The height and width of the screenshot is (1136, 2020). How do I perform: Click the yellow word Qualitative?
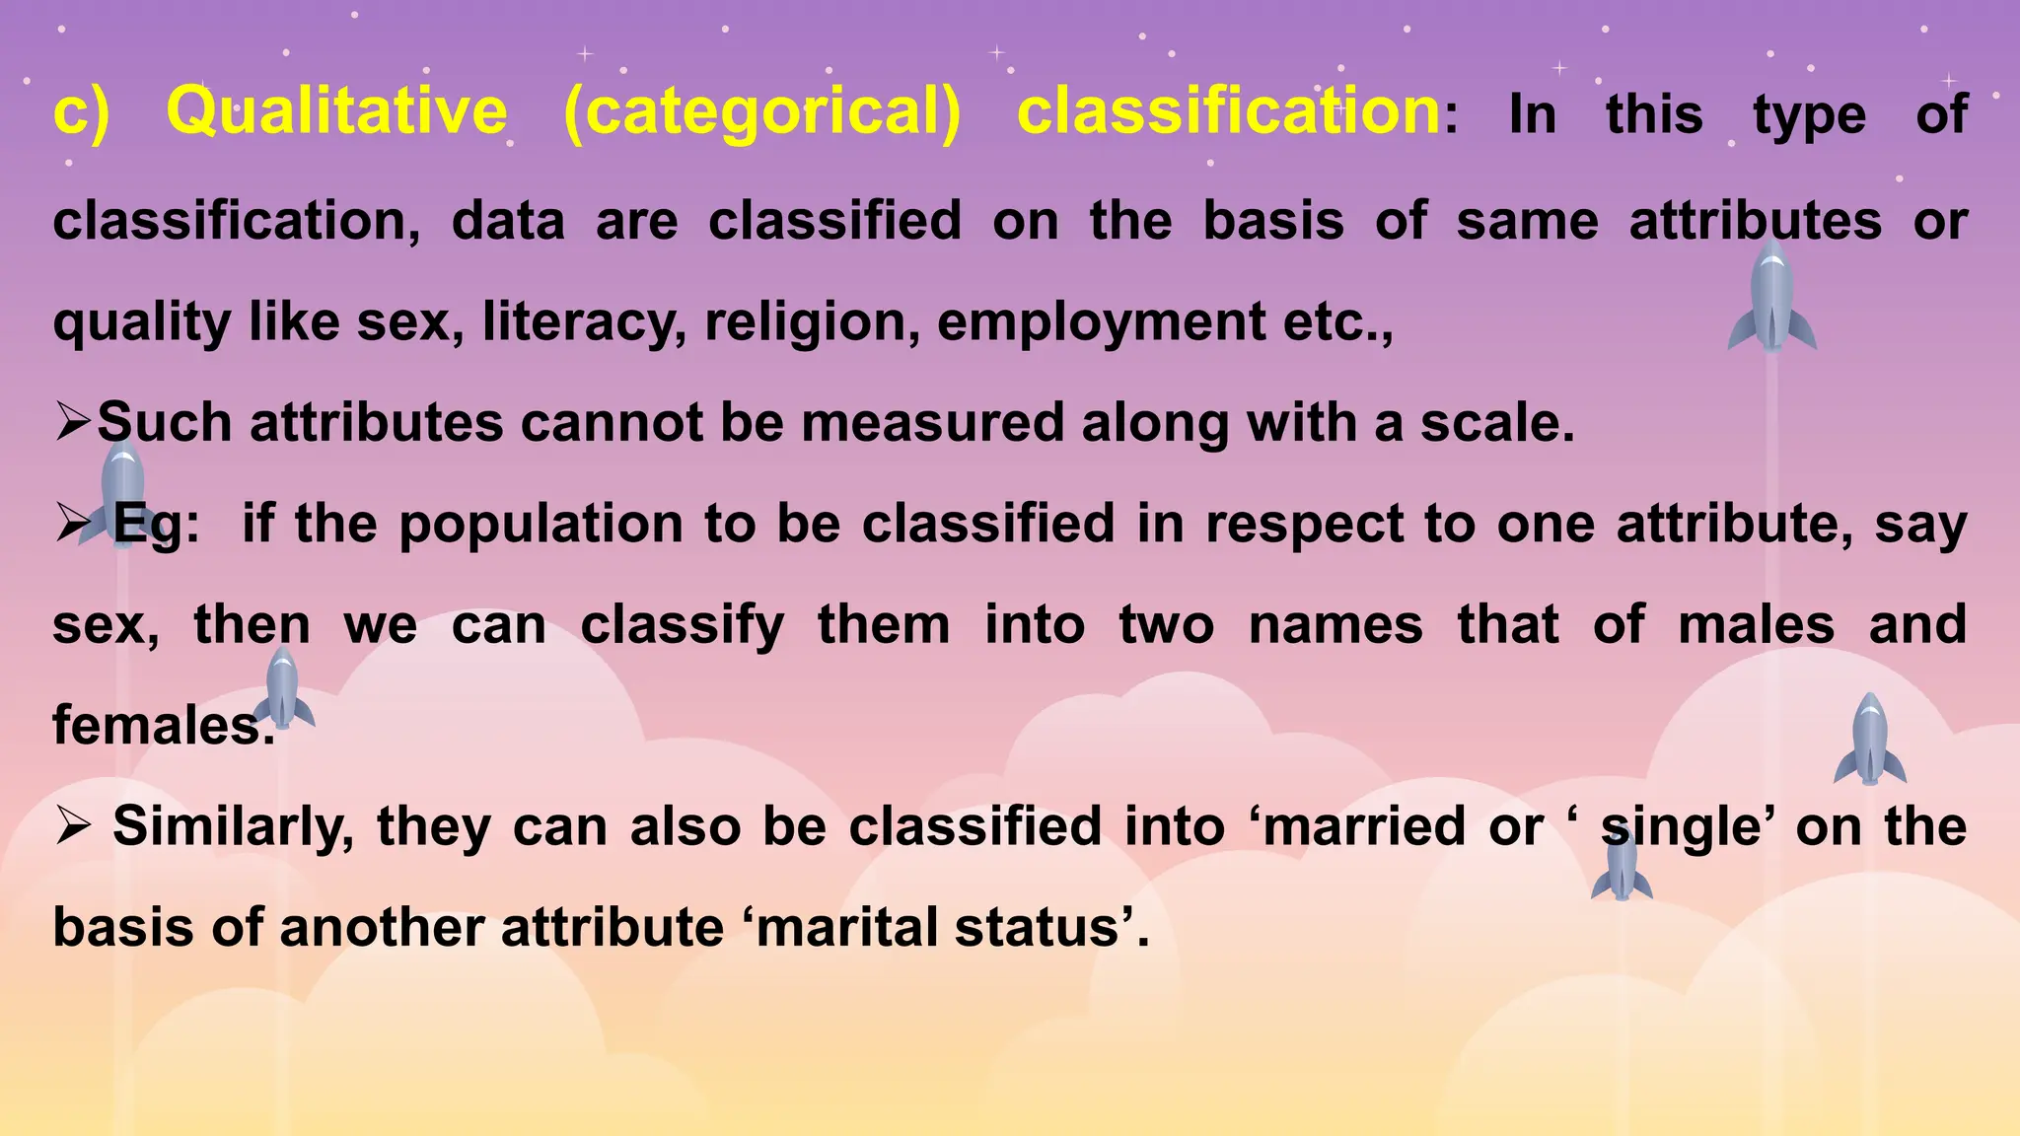pyautogui.click(x=336, y=110)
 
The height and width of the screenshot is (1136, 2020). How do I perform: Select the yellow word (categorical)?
pyautogui.click(x=761, y=110)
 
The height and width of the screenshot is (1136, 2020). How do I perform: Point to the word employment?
pyautogui.click(x=1101, y=322)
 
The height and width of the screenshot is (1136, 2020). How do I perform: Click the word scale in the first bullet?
pyautogui.click(x=1495, y=423)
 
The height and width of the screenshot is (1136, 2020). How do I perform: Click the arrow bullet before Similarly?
pyautogui.click(x=73, y=826)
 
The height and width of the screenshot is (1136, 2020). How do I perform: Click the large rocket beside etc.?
pyautogui.click(x=1771, y=296)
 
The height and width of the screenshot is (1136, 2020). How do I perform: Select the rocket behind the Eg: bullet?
pyautogui.click(x=120, y=493)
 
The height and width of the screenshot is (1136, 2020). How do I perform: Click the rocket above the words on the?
pyautogui.click(x=1870, y=740)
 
